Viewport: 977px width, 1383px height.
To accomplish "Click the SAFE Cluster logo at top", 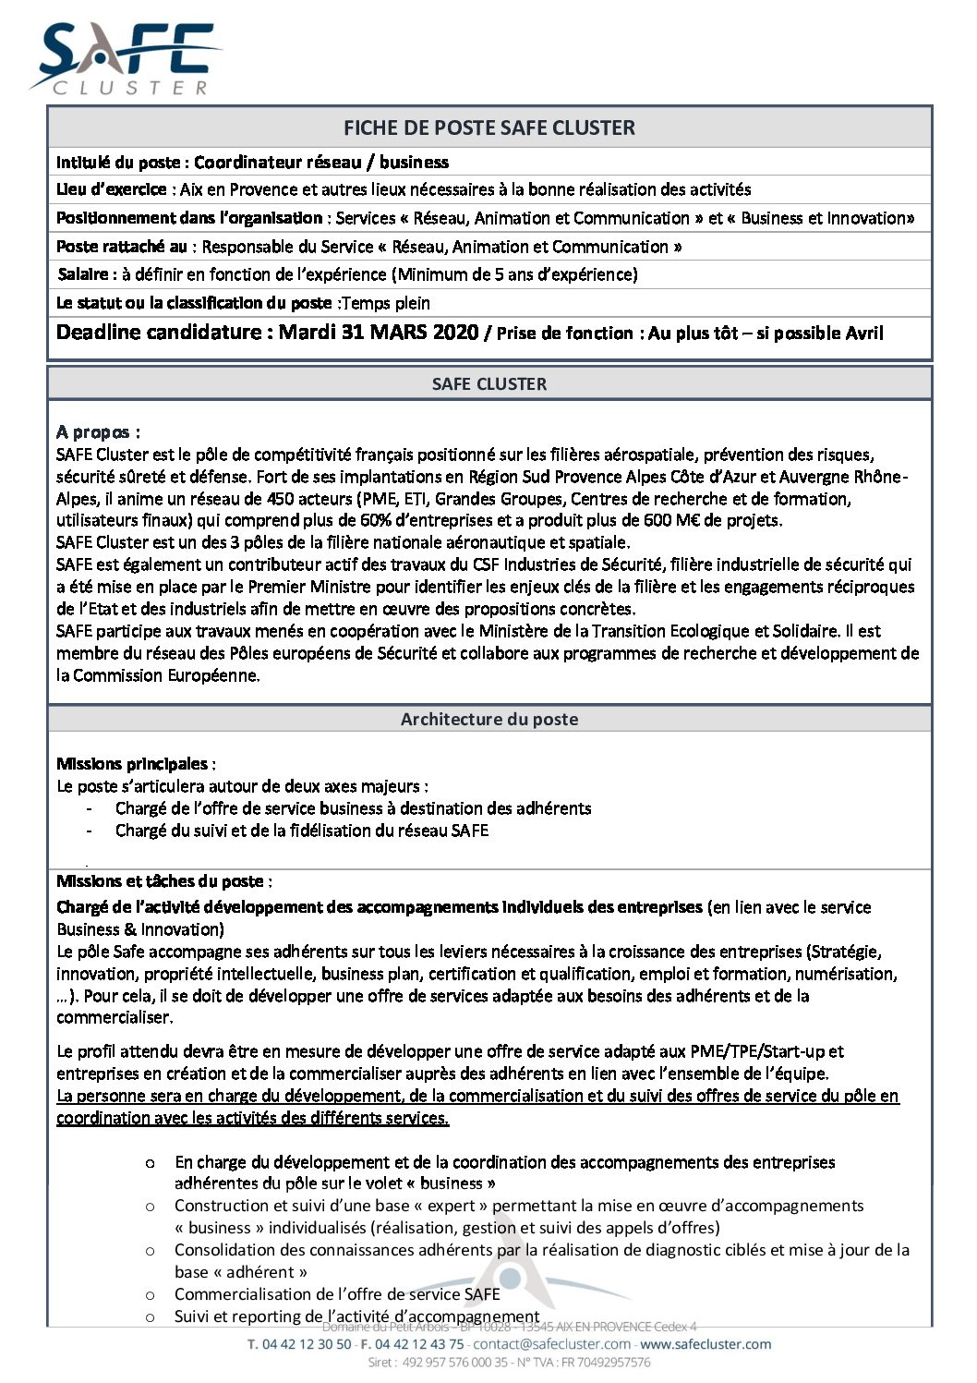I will click(125, 59).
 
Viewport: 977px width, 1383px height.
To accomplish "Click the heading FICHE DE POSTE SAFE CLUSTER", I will click(489, 127).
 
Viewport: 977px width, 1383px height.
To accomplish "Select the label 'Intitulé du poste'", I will click(118, 163).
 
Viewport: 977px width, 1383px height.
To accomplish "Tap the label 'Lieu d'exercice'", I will click(111, 189).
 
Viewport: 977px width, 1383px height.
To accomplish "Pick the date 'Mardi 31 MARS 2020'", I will click(379, 333).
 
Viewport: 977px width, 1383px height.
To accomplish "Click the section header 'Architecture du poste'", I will click(489, 719).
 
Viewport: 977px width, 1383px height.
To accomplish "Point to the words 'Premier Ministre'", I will click(310, 587).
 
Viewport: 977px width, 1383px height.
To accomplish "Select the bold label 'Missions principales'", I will click(132, 764).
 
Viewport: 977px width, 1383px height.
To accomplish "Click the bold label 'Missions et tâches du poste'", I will click(160, 881).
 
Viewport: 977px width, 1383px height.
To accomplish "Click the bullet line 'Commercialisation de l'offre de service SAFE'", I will click(337, 1294).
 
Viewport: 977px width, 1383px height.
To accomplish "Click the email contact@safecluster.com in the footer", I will click(552, 1344).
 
